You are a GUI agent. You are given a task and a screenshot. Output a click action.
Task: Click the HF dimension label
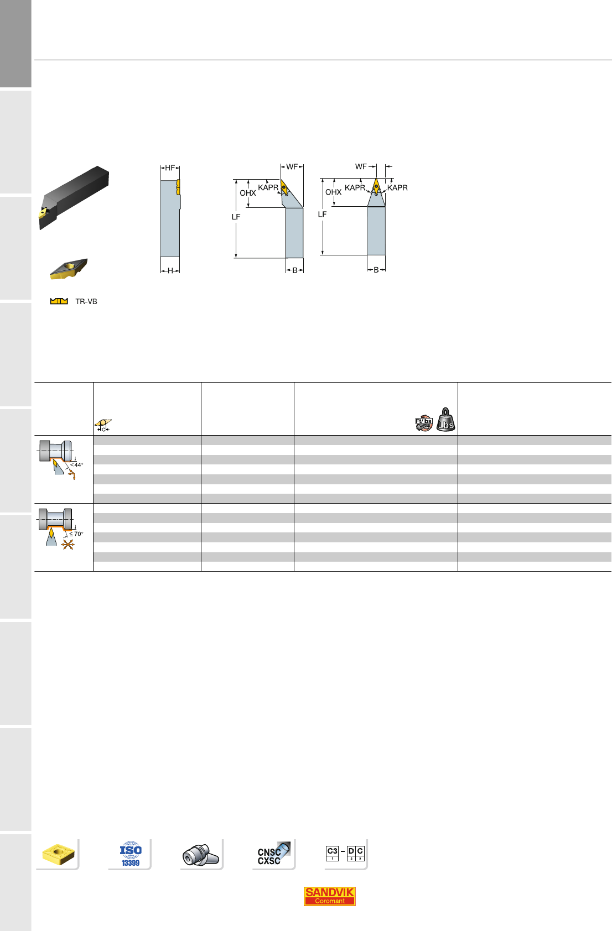pos(170,168)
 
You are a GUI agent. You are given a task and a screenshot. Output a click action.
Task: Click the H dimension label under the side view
pos(170,270)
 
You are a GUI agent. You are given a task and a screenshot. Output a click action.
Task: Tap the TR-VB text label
pos(86,301)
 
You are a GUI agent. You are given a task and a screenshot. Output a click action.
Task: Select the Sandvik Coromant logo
pos(329,896)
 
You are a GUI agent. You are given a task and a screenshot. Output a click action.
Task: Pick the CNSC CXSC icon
pos(273,854)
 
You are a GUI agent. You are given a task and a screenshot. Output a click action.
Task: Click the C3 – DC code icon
pos(345,853)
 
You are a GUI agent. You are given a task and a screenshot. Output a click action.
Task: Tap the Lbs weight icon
pos(445,420)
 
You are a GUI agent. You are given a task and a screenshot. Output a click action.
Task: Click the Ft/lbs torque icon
pos(424,423)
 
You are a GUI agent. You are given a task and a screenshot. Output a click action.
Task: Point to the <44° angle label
pos(77,464)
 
